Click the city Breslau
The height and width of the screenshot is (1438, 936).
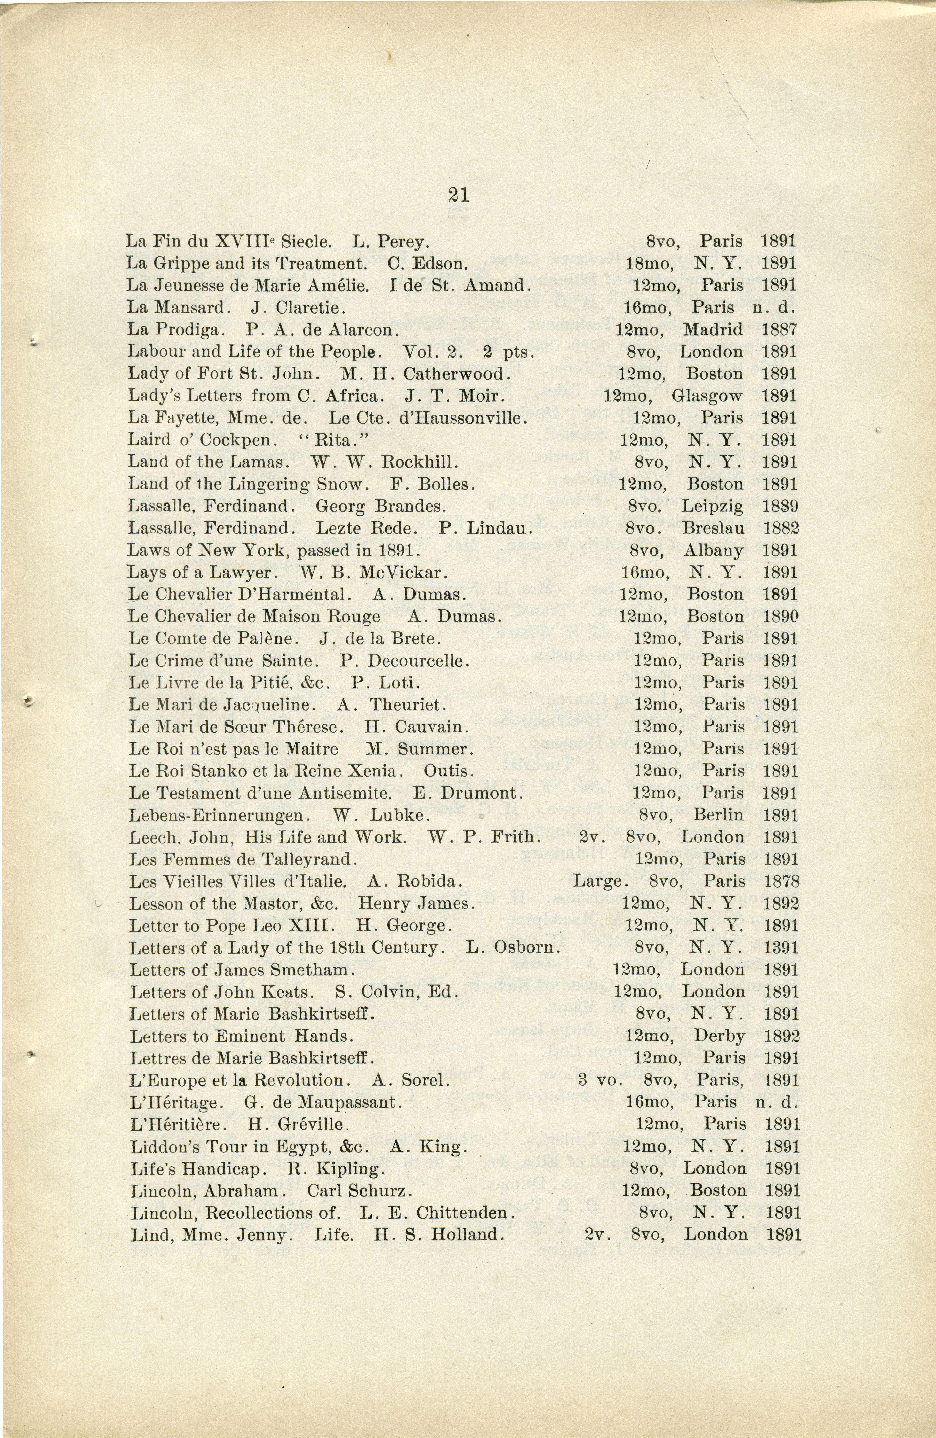(x=713, y=529)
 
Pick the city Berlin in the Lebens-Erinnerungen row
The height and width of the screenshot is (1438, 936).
(x=718, y=815)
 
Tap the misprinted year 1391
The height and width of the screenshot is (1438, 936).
(x=781, y=948)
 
